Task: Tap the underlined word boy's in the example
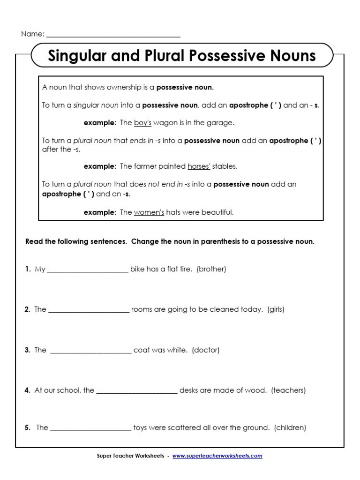(x=142, y=123)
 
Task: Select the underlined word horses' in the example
(x=199, y=166)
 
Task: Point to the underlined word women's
(x=149, y=212)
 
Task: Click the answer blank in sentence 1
(x=88, y=270)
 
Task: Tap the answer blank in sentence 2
(x=89, y=310)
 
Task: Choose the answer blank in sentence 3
(x=90, y=350)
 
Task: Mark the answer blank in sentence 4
(x=137, y=390)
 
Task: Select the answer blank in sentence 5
(x=90, y=428)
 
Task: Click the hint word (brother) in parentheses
(x=211, y=270)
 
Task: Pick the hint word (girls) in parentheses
(x=276, y=309)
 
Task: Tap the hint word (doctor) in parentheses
(x=206, y=350)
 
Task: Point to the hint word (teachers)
(x=288, y=390)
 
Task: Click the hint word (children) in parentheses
(x=290, y=427)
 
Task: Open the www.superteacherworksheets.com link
(x=217, y=456)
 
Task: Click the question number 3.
(x=27, y=350)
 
